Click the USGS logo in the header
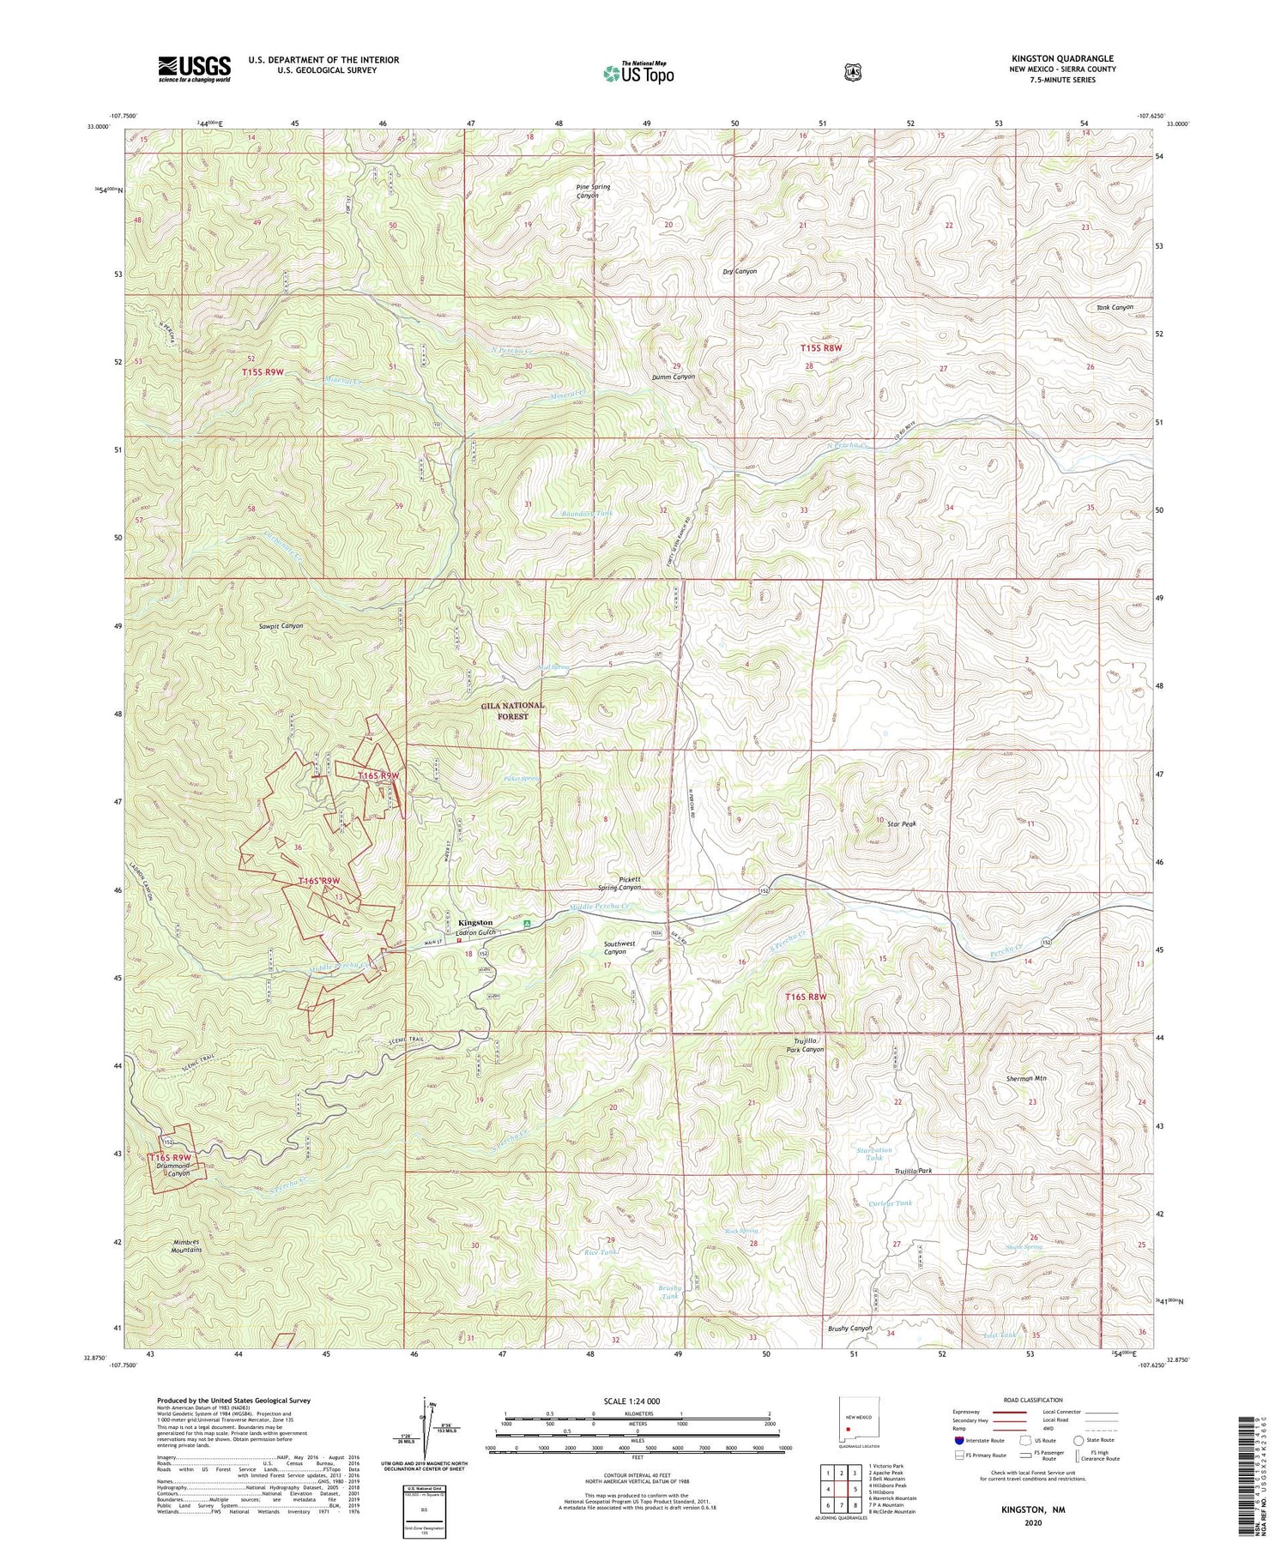pyautogui.click(x=194, y=69)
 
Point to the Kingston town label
pyautogui.click(x=478, y=923)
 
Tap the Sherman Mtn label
pyautogui.click(x=1026, y=1078)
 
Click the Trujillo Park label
pyautogui.click(x=913, y=1171)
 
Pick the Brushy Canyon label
pyautogui.click(x=849, y=1329)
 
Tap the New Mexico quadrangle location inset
pyautogui.click(x=847, y=1429)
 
